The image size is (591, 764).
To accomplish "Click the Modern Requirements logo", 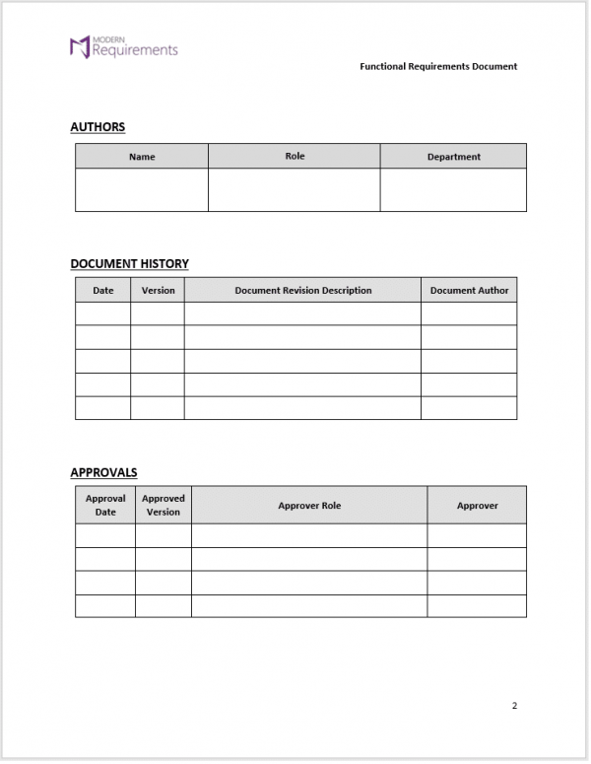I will pos(123,46).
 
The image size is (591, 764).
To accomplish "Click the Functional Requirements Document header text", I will pos(438,67).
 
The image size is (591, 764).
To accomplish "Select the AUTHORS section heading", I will pos(98,127).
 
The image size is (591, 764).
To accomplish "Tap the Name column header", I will pos(142,157).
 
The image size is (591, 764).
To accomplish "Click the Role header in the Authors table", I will pos(295,156).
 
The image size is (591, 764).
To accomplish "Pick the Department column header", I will pos(453,157).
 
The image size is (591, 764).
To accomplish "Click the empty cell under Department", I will pos(453,189).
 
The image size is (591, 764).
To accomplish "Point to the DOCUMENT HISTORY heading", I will pos(129,264).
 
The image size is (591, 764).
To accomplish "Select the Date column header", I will pos(103,291).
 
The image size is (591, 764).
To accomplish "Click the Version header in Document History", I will pos(158,291).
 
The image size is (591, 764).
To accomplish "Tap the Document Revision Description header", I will pos(303,291).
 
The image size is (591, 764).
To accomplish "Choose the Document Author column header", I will pos(469,291).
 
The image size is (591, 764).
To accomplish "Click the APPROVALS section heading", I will pos(103,473).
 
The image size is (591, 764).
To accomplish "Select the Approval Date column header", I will pos(105,505).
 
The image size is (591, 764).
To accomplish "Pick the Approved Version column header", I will pos(164,505).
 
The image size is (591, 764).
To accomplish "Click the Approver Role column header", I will pos(309,506).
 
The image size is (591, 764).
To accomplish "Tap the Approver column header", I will pos(477,506).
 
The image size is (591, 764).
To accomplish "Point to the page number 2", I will pos(514,706).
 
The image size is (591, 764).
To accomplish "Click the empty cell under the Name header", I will pos(142,189).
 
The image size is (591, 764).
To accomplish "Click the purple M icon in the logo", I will pos(79,46).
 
